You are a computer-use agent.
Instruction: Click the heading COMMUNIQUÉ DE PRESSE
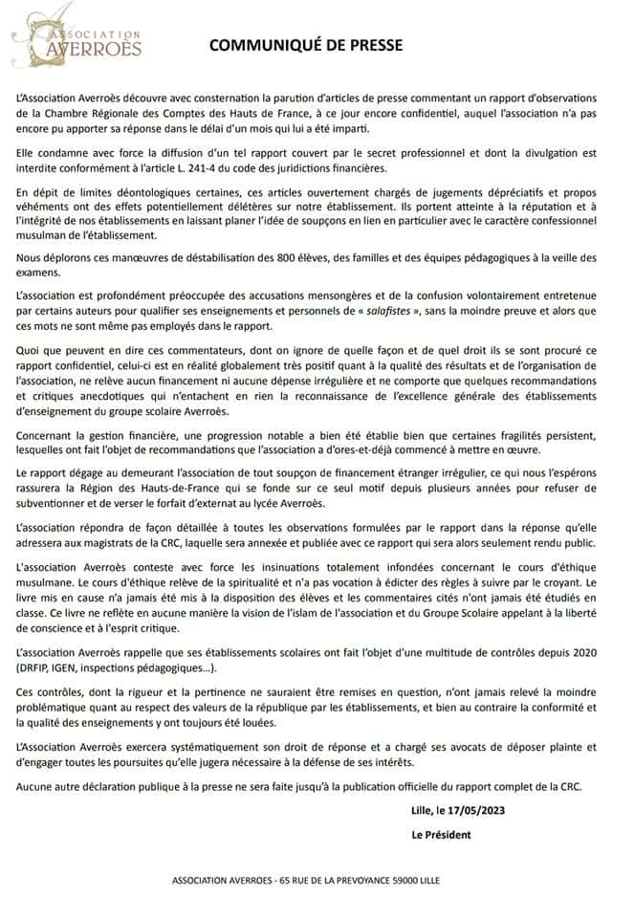[306, 45]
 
